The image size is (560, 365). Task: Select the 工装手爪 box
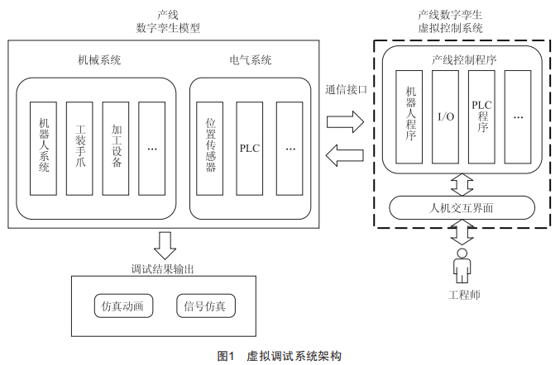click(80, 148)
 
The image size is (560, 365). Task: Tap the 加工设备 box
click(116, 148)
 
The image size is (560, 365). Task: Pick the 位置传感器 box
click(210, 148)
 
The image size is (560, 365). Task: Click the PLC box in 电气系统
click(250, 148)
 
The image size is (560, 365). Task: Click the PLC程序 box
click(481, 117)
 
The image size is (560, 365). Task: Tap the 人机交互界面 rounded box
click(458, 206)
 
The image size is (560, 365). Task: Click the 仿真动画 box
click(122, 307)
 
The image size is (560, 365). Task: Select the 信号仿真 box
click(206, 307)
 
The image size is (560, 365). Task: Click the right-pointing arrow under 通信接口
click(345, 123)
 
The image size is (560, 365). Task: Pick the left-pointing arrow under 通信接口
click(345, 154)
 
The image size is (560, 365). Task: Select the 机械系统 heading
click(99, 59)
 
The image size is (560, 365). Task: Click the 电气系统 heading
click(250, 59)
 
